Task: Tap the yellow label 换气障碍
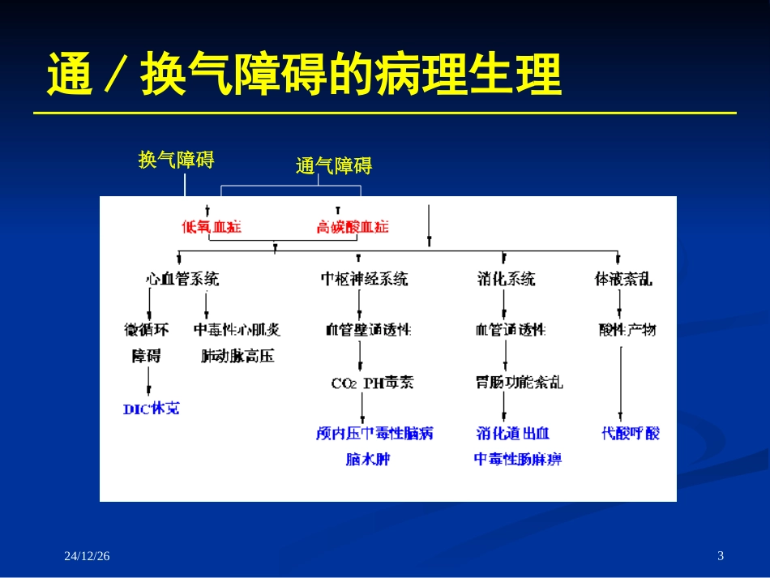pos(176,160)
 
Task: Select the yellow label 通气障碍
pos(333,166)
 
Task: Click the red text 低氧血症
pos(212,227)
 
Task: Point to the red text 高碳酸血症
pos(353,227)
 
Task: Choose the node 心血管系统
pos(182,280)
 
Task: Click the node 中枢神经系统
pos(364,280)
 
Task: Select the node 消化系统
pos(506,280)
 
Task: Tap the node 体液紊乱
pos(623,280)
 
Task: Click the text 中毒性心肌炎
pos(237,330)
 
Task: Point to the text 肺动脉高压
pos(237,355)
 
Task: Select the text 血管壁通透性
pos(368,330)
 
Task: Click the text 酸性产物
pos(627,330)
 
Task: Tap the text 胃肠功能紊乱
pos(519,382)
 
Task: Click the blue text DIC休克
pos(152,409)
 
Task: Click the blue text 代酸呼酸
pos(630,434)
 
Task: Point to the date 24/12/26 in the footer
pos(87,555)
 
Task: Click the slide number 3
pos(721,555)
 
